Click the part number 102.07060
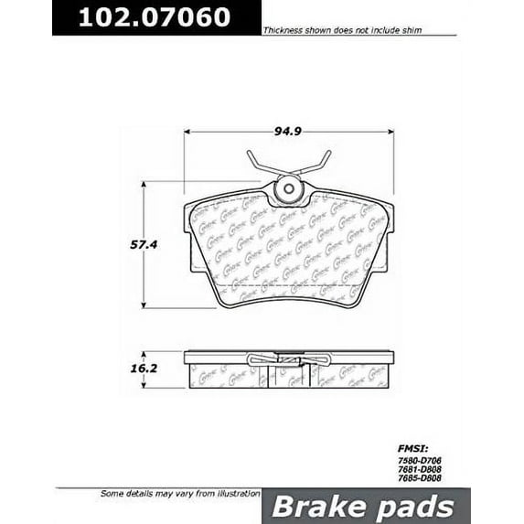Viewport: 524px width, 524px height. coord(154,17)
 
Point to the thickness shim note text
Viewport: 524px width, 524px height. coord(346,29)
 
